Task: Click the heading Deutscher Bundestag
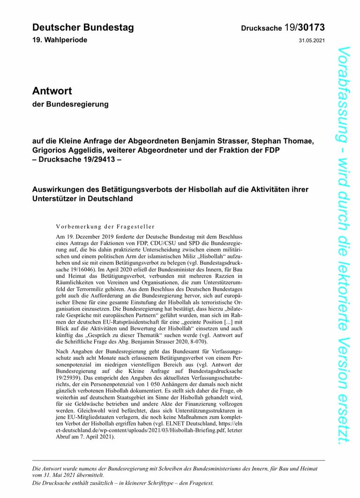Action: pos(83,27)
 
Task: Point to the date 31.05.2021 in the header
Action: pos(311,40)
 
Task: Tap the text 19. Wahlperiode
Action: pos(60,40)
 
